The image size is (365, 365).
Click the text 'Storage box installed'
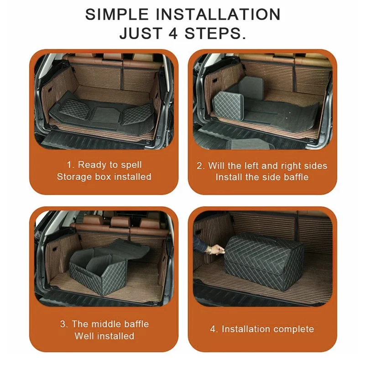click(104, 177)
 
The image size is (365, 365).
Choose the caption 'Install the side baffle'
click(262, 177)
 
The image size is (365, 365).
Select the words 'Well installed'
click(104, 336)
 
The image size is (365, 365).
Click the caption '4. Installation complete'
click(262, 329)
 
